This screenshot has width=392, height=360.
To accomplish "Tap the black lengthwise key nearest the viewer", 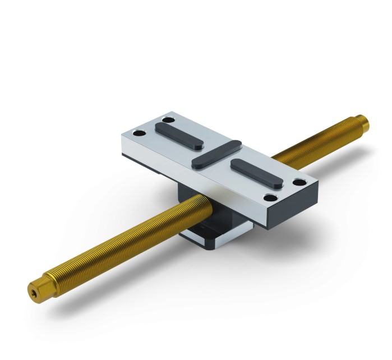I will click(253, 172).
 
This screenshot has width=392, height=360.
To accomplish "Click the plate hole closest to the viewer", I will click(272, 197).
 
